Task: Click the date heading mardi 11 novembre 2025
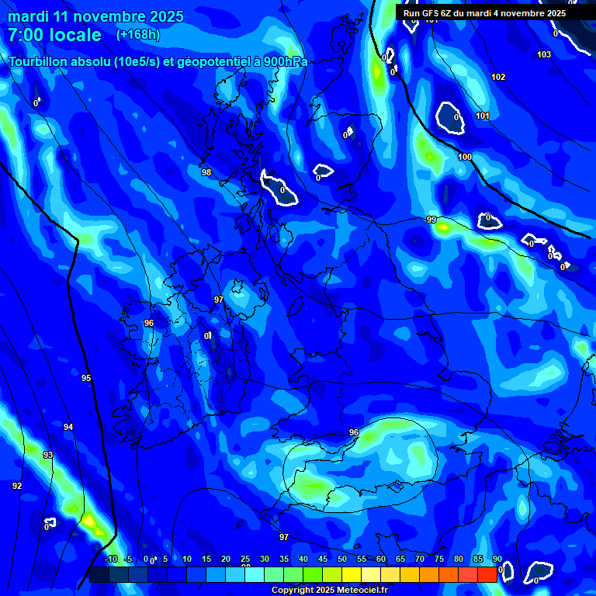[x=95, y=16]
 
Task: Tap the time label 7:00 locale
[x=54, y=35]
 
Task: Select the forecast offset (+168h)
[x=138, y=34]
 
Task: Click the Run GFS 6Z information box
[x=484, y=13]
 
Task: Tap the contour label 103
[x=544, y=54]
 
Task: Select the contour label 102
[x=498, y=77]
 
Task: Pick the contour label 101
[x=483, y=116]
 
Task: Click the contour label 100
[x=465, y=157]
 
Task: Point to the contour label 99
[x=431, y=220]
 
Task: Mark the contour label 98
[x=206, y=172]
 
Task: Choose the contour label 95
[x=86, y=378]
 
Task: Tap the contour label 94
[x=68, y=427]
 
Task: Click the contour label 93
[x=48, y=455]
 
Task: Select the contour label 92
[x=17, y=486]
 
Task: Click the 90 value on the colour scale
[x=497, y=559]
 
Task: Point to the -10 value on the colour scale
[x=111, y=559]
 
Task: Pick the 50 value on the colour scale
[x=342, y=559]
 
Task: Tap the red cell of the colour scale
[x=487, y=574]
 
